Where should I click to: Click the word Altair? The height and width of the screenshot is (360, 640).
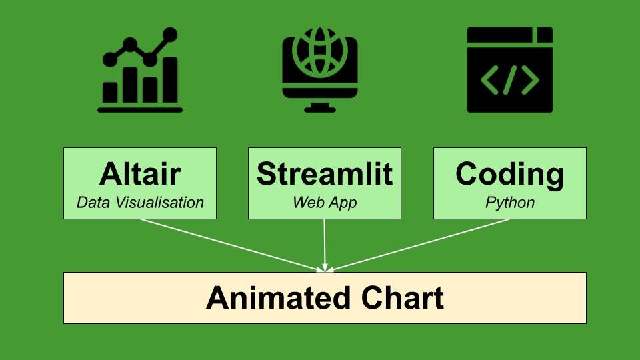pos(140,174)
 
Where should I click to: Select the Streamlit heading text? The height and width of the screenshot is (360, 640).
pos(325,174)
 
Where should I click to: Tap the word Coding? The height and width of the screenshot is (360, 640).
pos(510,174)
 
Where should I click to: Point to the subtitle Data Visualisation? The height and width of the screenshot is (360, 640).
pos(140,203)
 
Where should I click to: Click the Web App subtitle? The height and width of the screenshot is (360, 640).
pos(325,203)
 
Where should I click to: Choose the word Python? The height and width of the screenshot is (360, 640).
pos(510,203)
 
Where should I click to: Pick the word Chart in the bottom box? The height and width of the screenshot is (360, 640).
pos(403,298)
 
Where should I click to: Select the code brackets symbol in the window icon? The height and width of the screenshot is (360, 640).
pos(510,80)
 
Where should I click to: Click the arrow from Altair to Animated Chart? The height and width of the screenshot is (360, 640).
pos(230,245)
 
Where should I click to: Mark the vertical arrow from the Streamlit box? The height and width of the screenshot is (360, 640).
pos(325,243)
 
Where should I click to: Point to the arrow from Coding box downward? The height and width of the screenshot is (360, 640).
pos(420,245)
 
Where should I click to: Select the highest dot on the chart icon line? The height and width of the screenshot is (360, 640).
pos(171,33)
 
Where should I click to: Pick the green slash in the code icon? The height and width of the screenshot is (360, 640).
pos(510,80)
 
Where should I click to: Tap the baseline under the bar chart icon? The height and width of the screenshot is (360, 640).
pos(140,109)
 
